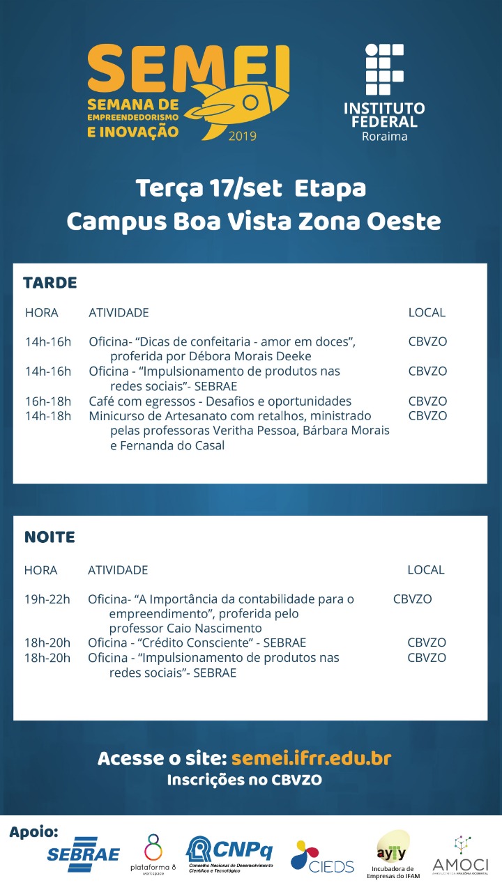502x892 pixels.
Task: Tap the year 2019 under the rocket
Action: (x=242, y=136)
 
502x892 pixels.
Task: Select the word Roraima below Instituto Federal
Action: (x=384, y=136)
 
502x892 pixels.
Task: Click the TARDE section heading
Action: (x=50, y=283)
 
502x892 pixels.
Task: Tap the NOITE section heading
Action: (x=50, y=537)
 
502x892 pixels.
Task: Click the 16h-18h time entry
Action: (x=48, y=401)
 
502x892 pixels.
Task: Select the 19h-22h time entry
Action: (x=47, y=599)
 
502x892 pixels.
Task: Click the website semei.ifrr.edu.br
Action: (x=311, y=758)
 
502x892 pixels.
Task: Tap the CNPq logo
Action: (x=229, y=852)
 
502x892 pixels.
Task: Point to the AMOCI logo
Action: (x=460, y=856)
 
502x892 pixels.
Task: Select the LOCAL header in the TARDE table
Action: (x=427, y=313)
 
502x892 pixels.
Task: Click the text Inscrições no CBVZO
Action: (x=244, y=780)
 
